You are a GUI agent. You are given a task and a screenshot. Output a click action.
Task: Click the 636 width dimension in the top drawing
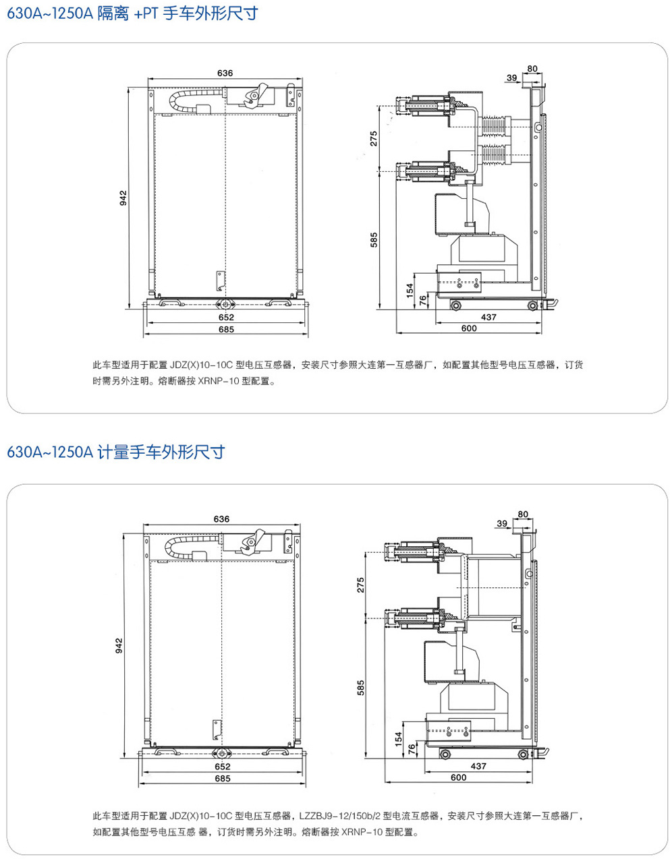coord(225,73)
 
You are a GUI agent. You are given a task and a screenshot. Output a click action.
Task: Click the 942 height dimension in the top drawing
coord(123,198)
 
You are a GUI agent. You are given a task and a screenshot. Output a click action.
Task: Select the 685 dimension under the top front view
coord(226,329)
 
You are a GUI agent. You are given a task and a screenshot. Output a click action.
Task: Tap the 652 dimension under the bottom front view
coord(222,766)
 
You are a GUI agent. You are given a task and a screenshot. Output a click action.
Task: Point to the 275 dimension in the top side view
coord(373,138)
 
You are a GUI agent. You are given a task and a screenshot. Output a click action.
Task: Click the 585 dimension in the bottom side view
coord(361,688)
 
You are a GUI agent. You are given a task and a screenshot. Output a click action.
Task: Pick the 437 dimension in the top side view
coord(488,317)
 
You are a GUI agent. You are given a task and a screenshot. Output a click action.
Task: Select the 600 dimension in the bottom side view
coord(458,777)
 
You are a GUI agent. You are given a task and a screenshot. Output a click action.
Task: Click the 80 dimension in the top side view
coord(532,69)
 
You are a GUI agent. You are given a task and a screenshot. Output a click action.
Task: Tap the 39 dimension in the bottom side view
coord(501,523)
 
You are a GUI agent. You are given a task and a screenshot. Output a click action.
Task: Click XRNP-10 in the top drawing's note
coord(219,381)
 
